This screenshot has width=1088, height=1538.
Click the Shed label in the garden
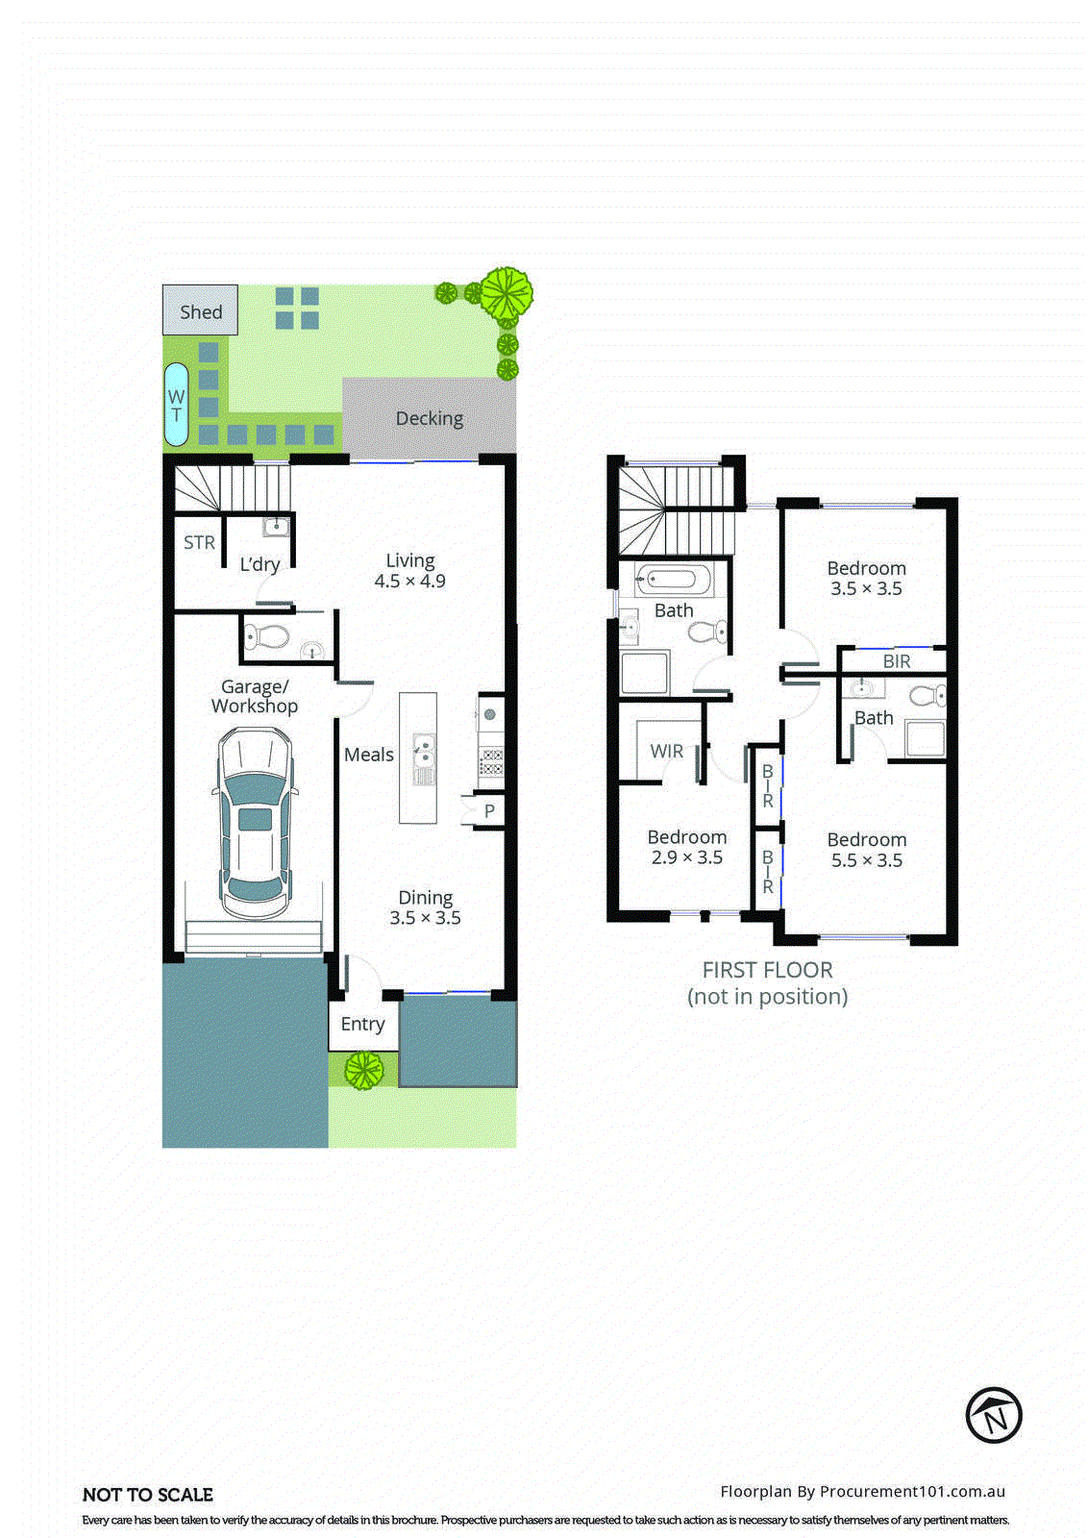point(201,311)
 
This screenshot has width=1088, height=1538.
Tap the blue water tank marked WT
point(177,404)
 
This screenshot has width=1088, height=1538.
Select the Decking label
point(430,418)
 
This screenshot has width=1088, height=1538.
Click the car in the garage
point(255,823)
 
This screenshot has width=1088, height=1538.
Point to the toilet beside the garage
point(265,636)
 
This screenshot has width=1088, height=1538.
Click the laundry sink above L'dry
point(276,527)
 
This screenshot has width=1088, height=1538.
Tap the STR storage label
point(199,542)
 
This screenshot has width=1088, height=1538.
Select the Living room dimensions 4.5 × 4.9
point(410,582)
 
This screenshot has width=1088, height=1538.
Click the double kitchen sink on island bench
point(423,755)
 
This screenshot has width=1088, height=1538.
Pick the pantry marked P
point(488,810)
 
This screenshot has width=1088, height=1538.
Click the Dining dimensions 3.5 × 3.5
point(425,918)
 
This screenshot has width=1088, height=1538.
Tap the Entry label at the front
point(362,1024)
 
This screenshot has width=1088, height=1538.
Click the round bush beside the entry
point(364,1070)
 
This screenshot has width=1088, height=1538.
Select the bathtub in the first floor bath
point(673,579)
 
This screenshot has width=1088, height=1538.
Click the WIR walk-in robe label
point(666,751)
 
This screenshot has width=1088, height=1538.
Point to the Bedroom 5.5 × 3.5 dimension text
point(867,860)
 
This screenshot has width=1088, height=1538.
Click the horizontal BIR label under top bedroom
point(896,661)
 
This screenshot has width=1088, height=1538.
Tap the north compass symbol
point(993,1415)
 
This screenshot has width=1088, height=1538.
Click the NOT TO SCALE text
point(148,1495)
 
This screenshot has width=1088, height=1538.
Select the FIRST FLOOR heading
point(767,970)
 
